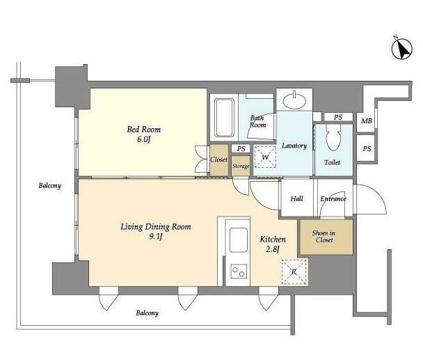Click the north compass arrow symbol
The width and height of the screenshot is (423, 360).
point(401,49)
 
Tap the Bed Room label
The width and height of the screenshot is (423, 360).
point(144,130)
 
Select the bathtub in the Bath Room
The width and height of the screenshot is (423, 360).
point(224,118)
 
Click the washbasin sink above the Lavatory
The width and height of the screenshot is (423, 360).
point(294,101)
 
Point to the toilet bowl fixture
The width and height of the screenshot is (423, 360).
point(333,138)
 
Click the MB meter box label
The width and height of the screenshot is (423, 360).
point(367,121)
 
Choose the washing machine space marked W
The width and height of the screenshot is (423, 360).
point(265,157)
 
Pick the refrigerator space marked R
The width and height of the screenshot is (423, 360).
point(294,272)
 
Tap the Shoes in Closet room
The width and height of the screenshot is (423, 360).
point(326,237)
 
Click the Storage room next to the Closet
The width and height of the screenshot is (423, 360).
point(241,166)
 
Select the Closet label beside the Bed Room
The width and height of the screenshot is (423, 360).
point(218,159)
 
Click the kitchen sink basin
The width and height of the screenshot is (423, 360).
point(239,240)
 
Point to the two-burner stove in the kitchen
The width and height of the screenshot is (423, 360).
point(239,271)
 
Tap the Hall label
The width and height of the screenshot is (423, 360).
point(296,198)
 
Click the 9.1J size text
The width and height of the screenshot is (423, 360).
point(156,237)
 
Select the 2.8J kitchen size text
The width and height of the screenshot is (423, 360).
point(273,249)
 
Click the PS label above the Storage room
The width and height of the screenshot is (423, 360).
point(241,148)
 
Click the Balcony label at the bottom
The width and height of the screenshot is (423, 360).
point(147,313)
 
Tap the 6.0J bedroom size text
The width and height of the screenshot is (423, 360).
point(143,140)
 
